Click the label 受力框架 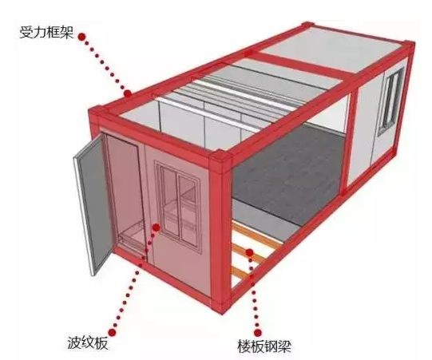click(x=46, y=32)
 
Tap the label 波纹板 click(x=88, y=343)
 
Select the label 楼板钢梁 click(x=264, y=346)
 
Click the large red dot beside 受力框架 click(x=81, y=37)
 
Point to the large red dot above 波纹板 click(x=112, y=332)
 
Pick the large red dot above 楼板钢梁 click(x=258, y=333)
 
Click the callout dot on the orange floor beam click(x=249, y=252)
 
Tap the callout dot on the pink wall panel click(x=157, y=227)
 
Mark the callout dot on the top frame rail click(x=128, y=93)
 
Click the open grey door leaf click(x=93, y=204)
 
